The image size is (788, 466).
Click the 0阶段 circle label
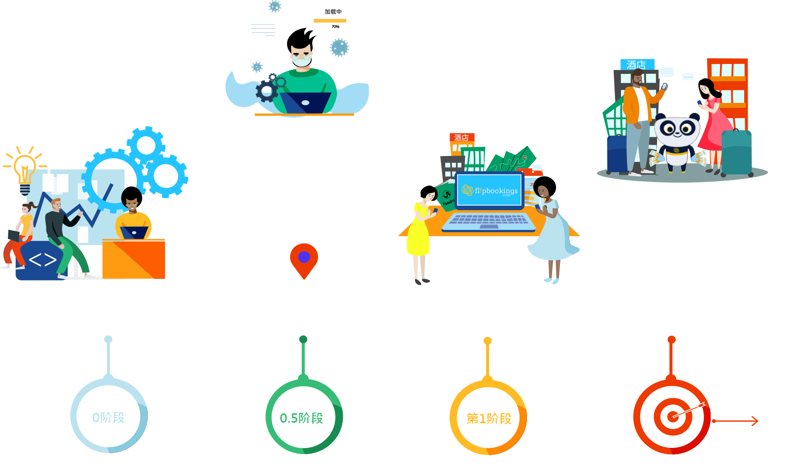pos(108,418)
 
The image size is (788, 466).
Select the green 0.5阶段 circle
pos(302,418)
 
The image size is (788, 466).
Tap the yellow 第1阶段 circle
pos(489,419)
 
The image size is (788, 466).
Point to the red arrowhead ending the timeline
pos(754,421)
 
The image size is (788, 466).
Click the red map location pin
pos(304,258)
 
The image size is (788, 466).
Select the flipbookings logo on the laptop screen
pos(490,190)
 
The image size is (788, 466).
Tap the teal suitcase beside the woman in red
pos(736,153)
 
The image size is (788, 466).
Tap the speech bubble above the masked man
pos(263,31)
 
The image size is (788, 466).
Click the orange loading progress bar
pos(333,21)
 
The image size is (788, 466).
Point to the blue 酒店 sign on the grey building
pos(637,64)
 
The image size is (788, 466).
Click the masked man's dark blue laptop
pos(305,103)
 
